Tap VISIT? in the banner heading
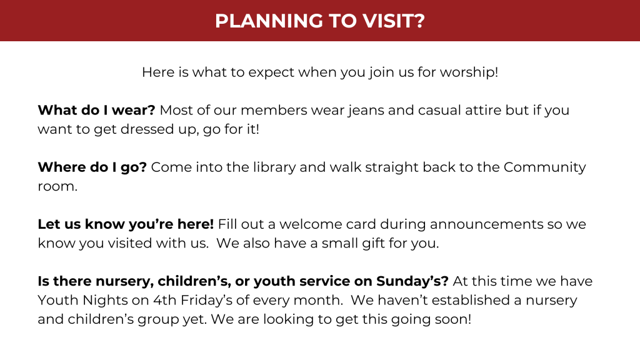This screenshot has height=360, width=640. pyautogui.click(x=394, y=21)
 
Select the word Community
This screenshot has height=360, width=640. pyautogui.click(x=544, y=167)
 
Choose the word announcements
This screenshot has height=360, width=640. pyautogui.click(x=486, y=225)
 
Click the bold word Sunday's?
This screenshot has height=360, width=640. pyautogui.click(x=412, y=282)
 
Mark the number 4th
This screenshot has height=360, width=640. pyautogui.click(x=165, y=301)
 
